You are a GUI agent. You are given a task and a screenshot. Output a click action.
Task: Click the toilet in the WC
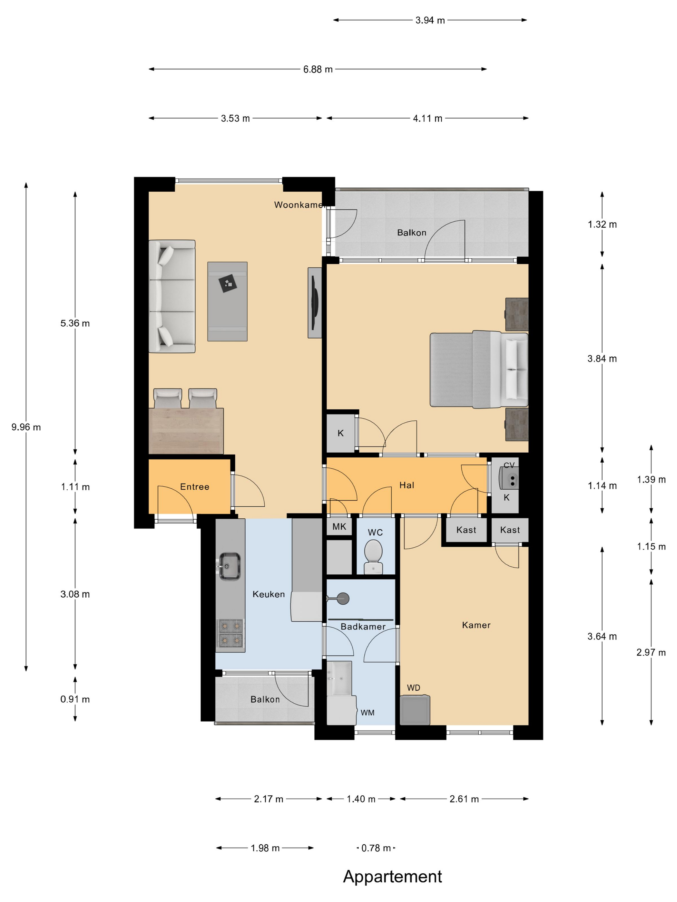373,557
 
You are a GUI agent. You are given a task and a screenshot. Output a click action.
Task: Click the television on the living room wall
315,302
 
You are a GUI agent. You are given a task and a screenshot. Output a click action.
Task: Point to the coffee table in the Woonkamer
227,301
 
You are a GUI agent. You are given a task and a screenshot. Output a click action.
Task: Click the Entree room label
195,486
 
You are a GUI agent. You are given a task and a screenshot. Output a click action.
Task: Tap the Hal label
407,485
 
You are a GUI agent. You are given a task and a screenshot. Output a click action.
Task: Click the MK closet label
339,526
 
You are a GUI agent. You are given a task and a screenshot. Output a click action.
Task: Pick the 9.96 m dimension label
26,427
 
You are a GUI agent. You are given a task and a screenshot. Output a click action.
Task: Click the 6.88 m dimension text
318,69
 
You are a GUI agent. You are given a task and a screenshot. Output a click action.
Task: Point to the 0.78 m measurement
376,848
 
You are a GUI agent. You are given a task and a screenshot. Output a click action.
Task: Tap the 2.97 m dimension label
651,652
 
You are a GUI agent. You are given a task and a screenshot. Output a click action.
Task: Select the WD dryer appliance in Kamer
415,710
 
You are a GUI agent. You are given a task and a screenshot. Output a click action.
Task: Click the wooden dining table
186,431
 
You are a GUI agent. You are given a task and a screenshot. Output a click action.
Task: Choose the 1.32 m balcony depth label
602,224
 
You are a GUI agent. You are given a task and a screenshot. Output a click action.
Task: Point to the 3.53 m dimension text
235,119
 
